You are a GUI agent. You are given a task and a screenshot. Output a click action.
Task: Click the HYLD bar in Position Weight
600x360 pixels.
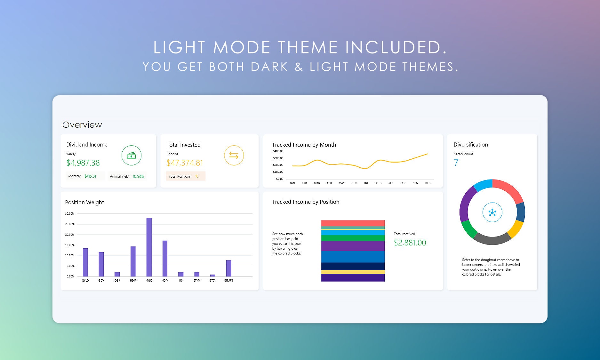(x=149, y=247)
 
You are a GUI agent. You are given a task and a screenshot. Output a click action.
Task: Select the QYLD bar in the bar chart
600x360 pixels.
(x=85, y=262)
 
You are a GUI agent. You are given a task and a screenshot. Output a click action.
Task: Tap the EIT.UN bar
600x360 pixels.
(x=228, y=268)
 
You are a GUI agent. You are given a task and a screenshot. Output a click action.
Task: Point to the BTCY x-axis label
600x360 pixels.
(x=213, y=281)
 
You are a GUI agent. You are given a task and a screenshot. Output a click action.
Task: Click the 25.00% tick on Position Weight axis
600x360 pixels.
(x=70, y=224)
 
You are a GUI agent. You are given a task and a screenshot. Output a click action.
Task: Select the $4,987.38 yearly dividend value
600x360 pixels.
(x=83, y=163)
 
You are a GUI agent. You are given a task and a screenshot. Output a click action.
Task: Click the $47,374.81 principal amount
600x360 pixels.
(x=185, y=163)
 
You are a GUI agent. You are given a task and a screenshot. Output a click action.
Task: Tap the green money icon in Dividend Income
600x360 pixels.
(x=132, y=156)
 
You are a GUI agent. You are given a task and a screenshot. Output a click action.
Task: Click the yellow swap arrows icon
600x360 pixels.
(x=234, y=156)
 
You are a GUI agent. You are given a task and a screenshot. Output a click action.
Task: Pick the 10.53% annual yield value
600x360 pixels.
(x=138, y=176)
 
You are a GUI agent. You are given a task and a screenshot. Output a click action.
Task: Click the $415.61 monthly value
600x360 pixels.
(x=90, y=176)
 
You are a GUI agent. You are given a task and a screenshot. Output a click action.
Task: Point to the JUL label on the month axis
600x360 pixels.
(x=366, y=183)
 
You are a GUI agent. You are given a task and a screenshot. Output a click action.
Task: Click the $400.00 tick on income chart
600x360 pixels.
(x=278, y=151)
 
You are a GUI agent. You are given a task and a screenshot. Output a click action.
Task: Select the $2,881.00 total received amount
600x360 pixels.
(x=410, y=243)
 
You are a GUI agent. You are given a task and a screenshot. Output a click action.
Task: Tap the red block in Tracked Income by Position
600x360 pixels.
(x=353, y=223)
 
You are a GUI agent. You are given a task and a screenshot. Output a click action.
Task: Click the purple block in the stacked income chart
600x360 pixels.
(x=353, y=246)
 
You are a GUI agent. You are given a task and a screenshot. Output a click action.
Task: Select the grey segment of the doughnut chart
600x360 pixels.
(x=492, y=239)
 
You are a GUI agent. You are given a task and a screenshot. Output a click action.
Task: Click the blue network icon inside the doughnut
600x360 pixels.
(x=492, y=212)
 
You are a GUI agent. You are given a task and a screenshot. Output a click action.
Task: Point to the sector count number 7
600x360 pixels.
(x=456, y=163)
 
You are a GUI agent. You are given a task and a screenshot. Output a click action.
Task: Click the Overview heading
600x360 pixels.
(x=82, y=125)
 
